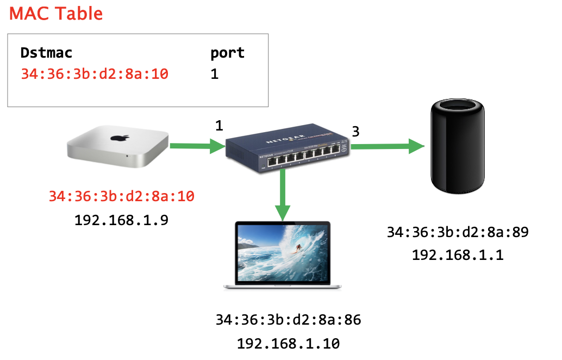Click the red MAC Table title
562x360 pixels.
(x=56, y=13)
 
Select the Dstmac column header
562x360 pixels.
(x=46, y=53)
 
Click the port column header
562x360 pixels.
(x=227, y=53)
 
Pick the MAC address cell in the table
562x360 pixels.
(x=95, y=74)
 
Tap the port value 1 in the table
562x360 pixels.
(x=214, y=74)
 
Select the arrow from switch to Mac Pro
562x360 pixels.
(x=386, y=146)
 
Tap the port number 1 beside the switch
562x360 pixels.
(x=219, y=126)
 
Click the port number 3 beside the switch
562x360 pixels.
(x=355, y=131)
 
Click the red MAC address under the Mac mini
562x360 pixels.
(x=121, y=196)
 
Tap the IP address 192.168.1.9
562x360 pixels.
(x=121, y=220)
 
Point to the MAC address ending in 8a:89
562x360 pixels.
(x=457, y=233)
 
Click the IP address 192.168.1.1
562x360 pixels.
(x=457, y=255)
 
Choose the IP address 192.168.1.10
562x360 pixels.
(x=288, y=344)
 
